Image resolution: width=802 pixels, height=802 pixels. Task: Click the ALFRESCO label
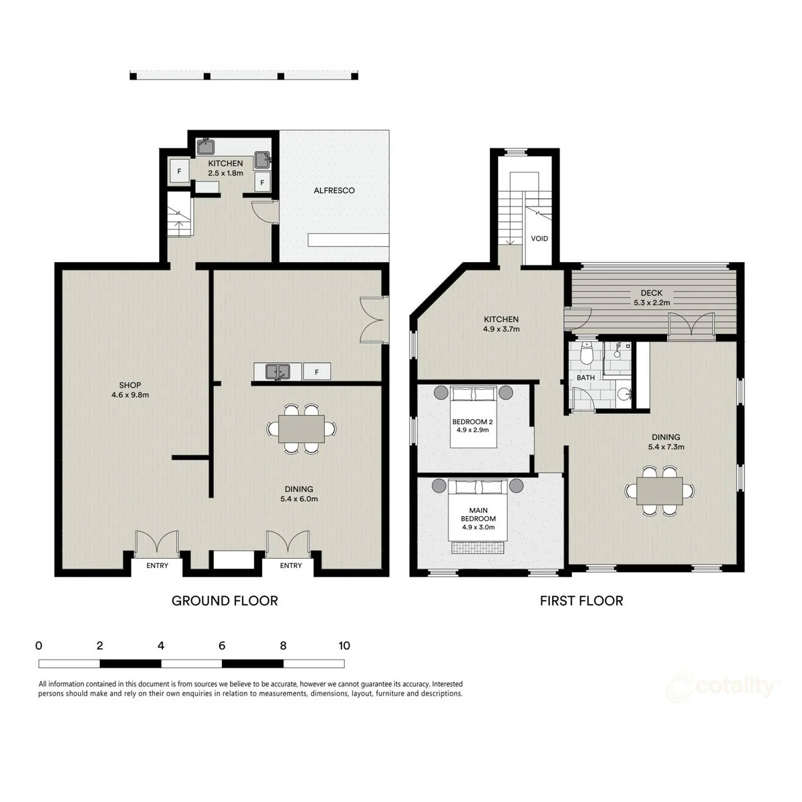pos(333,190)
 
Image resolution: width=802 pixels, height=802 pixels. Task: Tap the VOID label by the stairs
pos(539,239)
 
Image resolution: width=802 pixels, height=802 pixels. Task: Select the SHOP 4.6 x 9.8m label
pos(130,390)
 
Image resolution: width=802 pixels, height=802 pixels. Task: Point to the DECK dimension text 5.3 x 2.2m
pos(652,303)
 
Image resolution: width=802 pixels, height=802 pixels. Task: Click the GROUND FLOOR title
pos(225,601)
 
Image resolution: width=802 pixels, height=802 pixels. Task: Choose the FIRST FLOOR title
pos(581,601)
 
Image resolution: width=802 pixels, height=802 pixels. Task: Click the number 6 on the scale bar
pos(222,646)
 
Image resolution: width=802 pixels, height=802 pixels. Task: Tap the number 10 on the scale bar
pos(344,646)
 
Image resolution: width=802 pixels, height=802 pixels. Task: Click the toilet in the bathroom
pos(587,354)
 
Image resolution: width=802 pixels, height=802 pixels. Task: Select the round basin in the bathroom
pos(624,393)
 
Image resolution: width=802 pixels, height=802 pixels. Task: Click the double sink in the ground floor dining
pos(277,371)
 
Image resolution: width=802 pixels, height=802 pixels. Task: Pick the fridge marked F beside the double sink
pos(317,372)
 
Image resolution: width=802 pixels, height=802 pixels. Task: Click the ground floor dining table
pos(301,428)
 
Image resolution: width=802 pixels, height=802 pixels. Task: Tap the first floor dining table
pos(660,491)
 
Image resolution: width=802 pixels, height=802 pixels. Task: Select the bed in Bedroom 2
pos(474,417)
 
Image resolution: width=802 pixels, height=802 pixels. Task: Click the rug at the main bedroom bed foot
pos(479,548)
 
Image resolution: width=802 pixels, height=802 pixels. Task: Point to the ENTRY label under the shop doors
pos(157,565)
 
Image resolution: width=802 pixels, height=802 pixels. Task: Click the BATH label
pos(585,378)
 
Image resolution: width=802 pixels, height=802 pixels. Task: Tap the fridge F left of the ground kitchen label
pos(179,172)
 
